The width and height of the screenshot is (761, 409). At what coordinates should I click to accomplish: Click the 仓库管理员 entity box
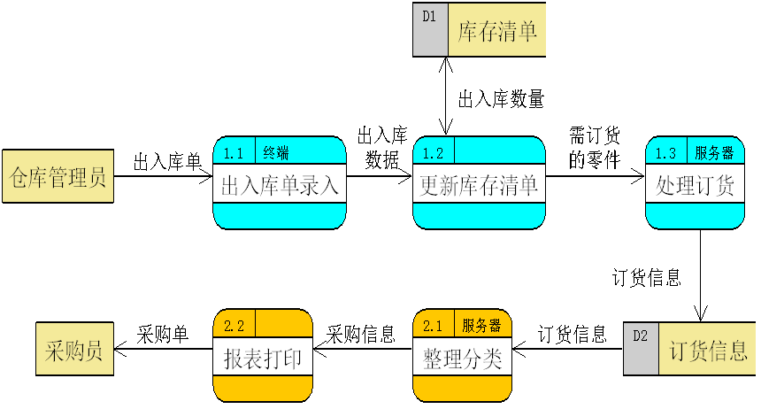coord(58,176)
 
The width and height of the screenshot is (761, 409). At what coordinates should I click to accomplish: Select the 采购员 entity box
coord(74,351)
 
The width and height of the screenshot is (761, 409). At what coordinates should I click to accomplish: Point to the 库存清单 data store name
coord(497,33)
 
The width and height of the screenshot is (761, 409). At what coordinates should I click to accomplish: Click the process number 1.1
coord(234,152)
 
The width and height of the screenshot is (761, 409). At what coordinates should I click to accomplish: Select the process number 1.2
coord(434,152)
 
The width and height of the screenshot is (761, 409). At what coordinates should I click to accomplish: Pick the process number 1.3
coord(665,152)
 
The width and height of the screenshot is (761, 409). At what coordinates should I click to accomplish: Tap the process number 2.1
coord(434,325)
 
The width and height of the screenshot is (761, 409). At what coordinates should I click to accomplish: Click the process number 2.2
coord(234,325)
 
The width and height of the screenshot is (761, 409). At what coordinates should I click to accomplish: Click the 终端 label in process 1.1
coord(276,152)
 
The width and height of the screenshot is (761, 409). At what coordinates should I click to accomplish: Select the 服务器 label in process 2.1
coord(481,325)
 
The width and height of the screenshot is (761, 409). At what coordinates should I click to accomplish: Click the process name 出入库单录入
coord(279,186)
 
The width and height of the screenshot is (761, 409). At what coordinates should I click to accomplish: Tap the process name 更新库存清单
coord(479,186)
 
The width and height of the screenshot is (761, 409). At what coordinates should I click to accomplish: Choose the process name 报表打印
coord(263,359)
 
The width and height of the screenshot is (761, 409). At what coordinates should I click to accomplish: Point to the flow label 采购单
coord(163,335)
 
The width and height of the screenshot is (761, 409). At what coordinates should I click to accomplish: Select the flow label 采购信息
coord(361,335)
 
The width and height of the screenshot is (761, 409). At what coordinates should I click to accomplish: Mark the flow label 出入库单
coord(167,162)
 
